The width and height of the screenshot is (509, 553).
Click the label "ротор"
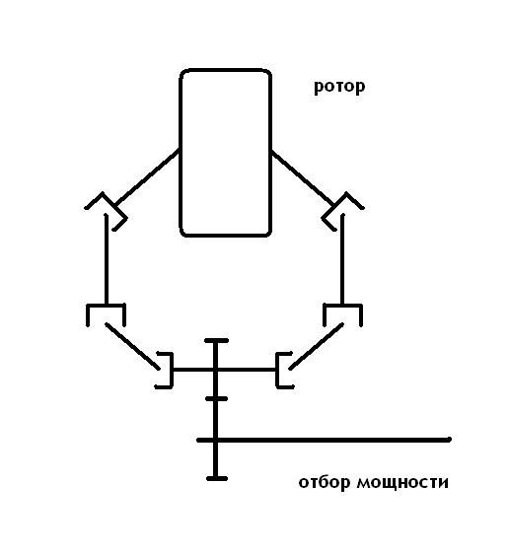339,87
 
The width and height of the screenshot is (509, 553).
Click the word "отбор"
325,482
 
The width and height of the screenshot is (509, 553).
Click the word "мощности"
402,482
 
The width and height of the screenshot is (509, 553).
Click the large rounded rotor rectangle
180,153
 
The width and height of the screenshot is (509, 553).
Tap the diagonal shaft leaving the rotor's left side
147,177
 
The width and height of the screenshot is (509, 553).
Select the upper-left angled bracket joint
106,211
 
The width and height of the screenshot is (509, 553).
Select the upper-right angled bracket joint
343,211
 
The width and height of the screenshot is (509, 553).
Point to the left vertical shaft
107,259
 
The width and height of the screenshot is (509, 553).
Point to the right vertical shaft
342,259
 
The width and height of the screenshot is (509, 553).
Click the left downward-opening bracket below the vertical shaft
106,306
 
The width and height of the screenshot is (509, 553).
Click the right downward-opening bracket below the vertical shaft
342,306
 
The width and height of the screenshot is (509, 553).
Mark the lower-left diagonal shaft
132,346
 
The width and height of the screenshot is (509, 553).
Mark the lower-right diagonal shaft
317,346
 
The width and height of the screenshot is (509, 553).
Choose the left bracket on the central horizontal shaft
172,370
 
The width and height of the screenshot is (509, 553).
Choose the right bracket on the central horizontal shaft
277,370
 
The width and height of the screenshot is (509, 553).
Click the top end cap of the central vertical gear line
216,341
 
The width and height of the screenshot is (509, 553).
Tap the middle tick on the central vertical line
216,399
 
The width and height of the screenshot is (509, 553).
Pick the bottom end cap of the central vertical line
217,479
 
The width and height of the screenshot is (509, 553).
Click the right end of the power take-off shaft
450,440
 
